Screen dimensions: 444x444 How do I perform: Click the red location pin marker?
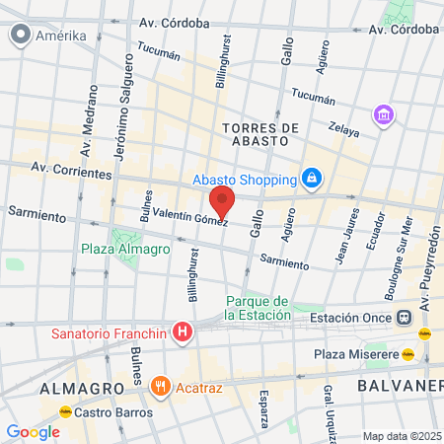click(x=222, y=200)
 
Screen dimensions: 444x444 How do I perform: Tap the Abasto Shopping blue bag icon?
click(x=312, y=179)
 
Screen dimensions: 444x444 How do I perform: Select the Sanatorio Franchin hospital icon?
click(x=182, y=333)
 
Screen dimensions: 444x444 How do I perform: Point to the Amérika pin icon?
click(x=19, y=36)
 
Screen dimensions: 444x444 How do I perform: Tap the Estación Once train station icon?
click(x=405, y=318)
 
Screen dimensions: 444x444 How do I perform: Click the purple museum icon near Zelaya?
click(x=383, y=115)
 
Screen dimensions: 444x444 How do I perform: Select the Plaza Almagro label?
click(x=125, y=249)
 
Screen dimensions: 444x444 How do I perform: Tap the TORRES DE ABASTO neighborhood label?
click(x=260, y=135)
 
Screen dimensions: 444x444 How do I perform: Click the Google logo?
click(x=33, y=431)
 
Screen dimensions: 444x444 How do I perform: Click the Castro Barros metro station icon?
click(x=65, y=410)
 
